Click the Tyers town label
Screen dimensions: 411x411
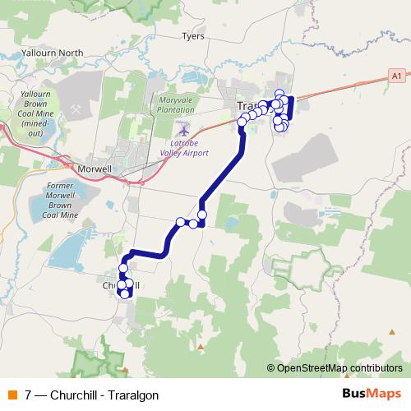(193, 37)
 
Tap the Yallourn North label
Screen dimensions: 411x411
(55, 53)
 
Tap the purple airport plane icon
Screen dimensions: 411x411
(182, 129)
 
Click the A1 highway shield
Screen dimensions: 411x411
(397, 75)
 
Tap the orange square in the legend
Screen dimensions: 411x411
(12, 395)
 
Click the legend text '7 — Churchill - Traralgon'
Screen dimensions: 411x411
(91, 395)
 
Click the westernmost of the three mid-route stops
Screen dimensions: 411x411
(181, 222)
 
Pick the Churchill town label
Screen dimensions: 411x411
(115, 285)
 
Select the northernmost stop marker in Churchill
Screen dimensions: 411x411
(124, 268)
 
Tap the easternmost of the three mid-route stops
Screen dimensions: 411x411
(201, 215)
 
